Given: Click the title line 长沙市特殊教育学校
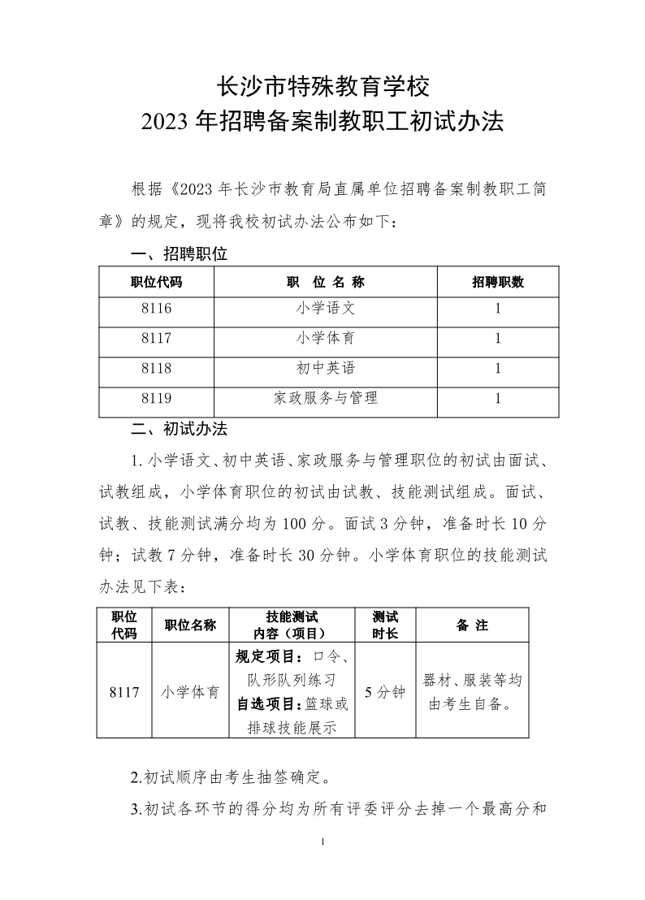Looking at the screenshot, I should [322, 84].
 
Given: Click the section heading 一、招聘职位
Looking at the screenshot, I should [179, 254].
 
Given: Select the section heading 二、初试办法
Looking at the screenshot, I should [179, 428].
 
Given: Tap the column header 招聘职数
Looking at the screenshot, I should [498, 283].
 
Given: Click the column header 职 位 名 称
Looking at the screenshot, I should [326, 283].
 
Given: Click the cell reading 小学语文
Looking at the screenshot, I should [326, 309].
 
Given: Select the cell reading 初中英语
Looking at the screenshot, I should [326, 369].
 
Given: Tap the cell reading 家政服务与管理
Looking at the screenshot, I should [326, 399].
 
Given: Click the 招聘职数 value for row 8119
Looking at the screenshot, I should [498, 399].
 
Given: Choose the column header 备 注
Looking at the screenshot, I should [472, 625].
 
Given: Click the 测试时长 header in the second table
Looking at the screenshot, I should [385, 625].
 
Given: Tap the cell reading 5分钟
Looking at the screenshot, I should [385, 693].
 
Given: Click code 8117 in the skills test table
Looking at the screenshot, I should [123, 693].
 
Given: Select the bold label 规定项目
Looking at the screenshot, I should [262, 656].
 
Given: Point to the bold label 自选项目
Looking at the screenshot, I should [262, 703].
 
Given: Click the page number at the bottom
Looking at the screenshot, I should [323, 841].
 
